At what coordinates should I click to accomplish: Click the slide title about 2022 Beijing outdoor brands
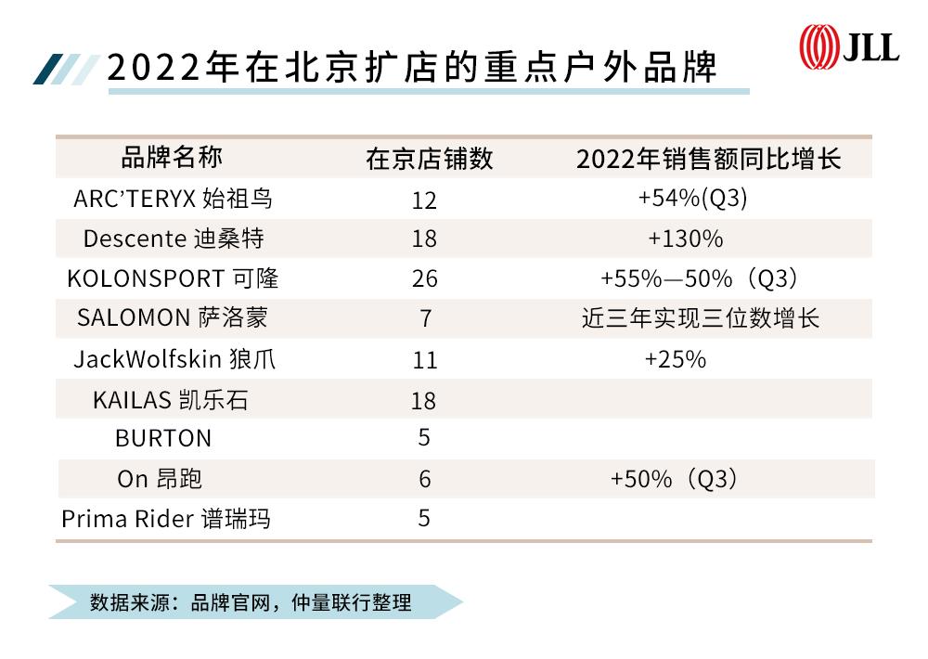[412, 67]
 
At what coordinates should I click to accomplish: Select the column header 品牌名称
[172, 157]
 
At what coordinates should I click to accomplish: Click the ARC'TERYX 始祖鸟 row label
[174, 199]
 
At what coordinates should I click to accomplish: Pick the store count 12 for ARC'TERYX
[424, 200]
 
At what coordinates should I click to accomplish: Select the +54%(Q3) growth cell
[692, 198]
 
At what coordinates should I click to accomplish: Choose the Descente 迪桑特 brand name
[174, 239]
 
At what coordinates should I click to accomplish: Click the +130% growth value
[685, 239]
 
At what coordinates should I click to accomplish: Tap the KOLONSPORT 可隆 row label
[173, 278]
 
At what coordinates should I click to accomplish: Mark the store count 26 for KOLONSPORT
[424, 279]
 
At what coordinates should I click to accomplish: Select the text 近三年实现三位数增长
[701, 318]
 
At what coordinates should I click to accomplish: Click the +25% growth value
[675, 358]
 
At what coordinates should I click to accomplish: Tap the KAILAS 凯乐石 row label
[170, 400]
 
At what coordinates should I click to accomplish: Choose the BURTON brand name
[163, 438]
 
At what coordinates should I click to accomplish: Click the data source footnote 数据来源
[251, 601]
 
